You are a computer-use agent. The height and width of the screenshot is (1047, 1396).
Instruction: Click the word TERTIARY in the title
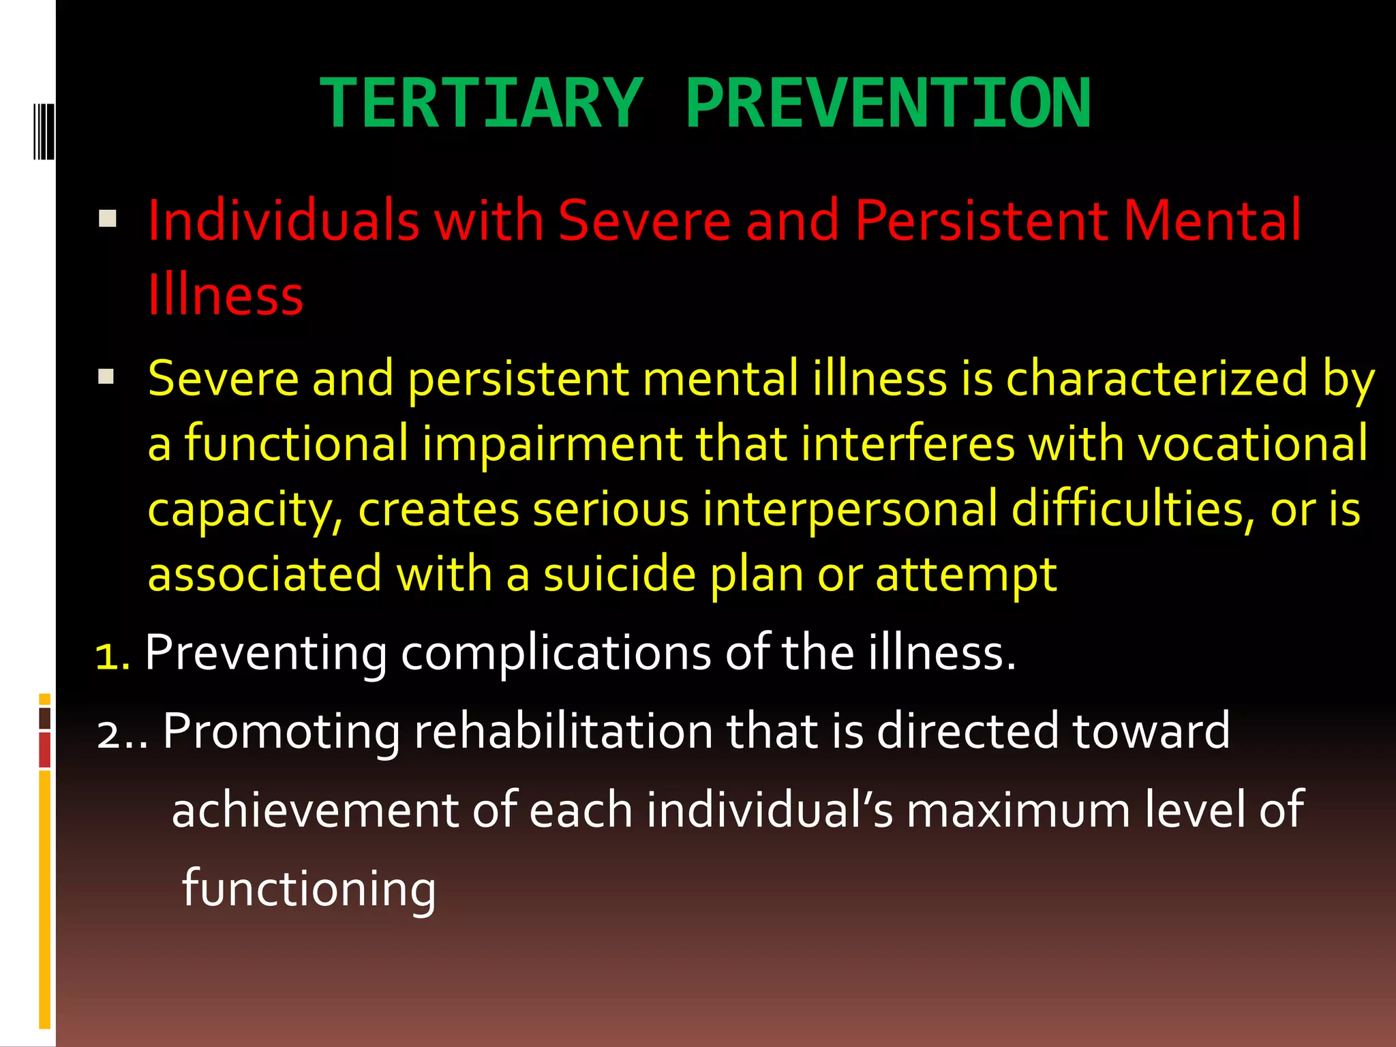coord(482,104)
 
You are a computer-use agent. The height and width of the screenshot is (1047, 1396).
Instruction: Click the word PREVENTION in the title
coord(888,104)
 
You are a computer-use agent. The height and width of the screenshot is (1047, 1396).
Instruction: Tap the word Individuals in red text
coord(283,220)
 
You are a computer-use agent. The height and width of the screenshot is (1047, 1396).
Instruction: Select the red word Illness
coord(226,295)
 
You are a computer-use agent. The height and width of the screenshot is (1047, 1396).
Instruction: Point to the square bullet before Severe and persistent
coord(106,376)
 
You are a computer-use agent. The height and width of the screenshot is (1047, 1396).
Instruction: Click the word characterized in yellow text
coord(1157,378)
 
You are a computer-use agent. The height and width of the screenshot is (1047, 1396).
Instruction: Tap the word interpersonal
coord(850,509)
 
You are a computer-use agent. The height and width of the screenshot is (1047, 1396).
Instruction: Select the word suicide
coord(619,574)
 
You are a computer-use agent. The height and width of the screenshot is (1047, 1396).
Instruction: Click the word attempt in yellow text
coord(966,574)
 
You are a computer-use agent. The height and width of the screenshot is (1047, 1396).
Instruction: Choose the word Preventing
coord(266,653)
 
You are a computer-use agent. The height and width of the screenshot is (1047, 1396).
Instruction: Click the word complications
coord(556,653)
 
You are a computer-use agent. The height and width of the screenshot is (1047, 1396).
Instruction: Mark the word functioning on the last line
coord(309,889)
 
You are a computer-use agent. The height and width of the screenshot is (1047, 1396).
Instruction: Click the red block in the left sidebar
coord(45,750)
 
